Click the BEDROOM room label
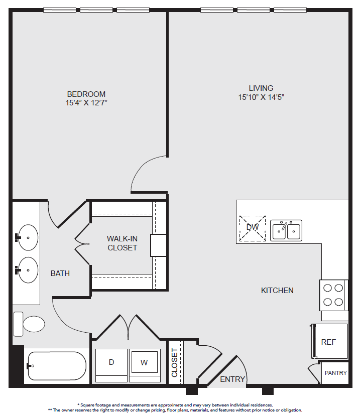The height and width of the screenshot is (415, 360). [x=86, y=94]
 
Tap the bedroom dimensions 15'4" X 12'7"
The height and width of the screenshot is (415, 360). [x=86, y=103]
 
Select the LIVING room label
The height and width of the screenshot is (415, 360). [x=261, y=88]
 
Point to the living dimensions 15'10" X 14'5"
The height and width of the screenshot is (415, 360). [x=261, y=97]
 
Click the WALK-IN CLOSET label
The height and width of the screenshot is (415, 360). [x=122, y=243]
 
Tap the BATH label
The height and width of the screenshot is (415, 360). [x=60, y=273]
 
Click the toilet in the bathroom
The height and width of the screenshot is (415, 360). [x=29, y=324]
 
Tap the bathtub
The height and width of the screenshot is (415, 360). [x=56, y=366]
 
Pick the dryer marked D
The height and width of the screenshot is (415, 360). [x=111, y=365]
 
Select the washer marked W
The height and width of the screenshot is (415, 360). [x=145, y=365]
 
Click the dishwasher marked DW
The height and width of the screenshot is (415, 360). [x=253, y=228]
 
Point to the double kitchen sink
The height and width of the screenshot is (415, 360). [x=286, y=230]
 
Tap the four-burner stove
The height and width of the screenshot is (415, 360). [x=333, y=295]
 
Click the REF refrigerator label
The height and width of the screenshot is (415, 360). [x=328, y=342]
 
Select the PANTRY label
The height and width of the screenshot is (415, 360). [x=335, y=373]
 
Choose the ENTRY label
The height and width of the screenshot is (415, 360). [x=232, y=379]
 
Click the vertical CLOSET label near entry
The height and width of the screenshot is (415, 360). [x=174, y=363]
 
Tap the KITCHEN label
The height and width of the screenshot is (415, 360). [x=277, y=291]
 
